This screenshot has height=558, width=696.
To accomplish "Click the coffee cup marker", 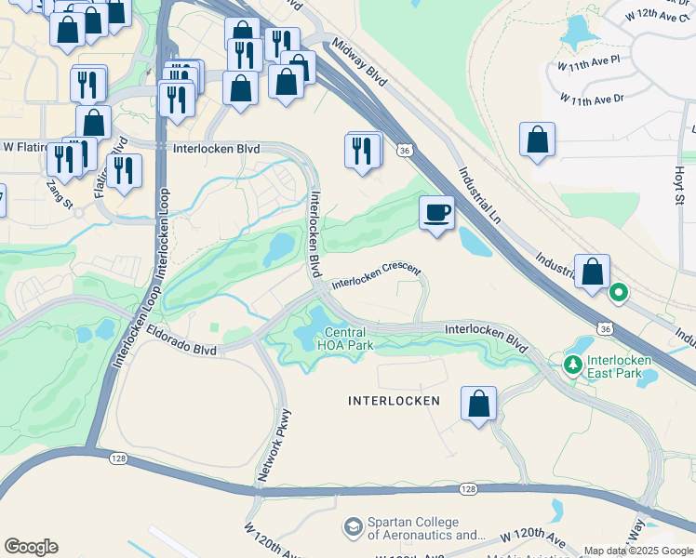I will click(x=436, y=213).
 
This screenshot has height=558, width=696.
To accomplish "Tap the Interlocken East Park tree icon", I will click(x=574, y=362).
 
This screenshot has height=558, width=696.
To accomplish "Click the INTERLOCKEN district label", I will click(x=394, y=401).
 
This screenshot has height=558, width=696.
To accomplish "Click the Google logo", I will click(x=31, y=547).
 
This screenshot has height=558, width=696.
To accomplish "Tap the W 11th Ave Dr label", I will click(x=592, y=98).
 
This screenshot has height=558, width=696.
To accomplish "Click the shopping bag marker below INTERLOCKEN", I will click(x=478, y=405).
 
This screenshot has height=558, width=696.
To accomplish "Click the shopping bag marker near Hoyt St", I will click(x=537, y=140).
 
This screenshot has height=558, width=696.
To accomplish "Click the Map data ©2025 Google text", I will click(x=639, y=551).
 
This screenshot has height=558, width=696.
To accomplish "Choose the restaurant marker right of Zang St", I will click(x=123, y=171).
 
